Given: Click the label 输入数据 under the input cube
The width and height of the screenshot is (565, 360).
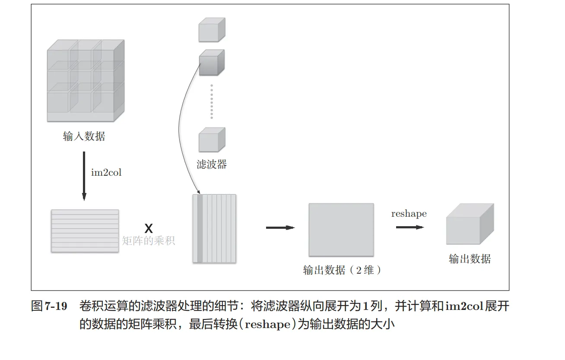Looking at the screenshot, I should pos(84,137).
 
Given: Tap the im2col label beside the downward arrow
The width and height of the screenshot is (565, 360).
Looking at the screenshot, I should pos(106,173).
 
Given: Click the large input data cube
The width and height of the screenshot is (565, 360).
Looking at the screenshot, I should pos(85,80).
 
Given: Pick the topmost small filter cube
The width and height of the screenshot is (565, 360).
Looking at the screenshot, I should pos(212,30).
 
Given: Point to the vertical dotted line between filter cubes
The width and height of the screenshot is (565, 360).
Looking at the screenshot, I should pos(212,101).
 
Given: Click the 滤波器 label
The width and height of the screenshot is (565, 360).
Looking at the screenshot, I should pos(212,164).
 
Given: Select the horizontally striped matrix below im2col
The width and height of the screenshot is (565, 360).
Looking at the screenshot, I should pos(85,231).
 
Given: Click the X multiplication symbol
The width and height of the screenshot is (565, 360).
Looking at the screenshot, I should pos(148,228).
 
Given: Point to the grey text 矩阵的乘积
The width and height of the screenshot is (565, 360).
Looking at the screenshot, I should pos(149,241).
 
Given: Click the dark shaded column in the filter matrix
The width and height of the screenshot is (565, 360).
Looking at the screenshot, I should pos(200,228).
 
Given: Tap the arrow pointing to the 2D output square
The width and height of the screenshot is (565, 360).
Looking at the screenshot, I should pos(280,228).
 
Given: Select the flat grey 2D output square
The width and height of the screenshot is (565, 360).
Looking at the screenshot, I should pos(341,230).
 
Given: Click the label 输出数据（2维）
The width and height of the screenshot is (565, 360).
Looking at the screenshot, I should pos(343,271).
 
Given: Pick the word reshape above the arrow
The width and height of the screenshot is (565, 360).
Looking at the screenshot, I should pos(409,214).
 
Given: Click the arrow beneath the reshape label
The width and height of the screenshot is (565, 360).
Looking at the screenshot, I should pos(409,227).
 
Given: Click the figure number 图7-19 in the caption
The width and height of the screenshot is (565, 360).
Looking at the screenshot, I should pos(49,307).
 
